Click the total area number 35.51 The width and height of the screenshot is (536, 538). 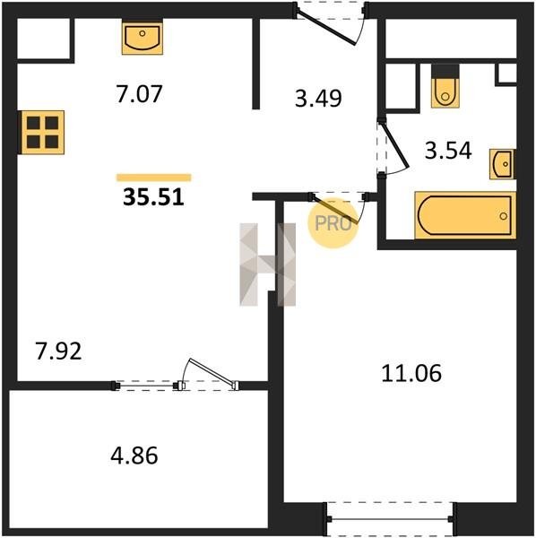[153, 197]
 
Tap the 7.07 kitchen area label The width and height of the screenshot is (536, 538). [139, 94]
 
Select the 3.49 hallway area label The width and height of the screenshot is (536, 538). [318, 99]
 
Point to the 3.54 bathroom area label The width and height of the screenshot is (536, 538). [448, 151]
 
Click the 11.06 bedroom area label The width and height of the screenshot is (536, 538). [411, 373]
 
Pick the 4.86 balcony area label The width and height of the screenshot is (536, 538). [134, 456]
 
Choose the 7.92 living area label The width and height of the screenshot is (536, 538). [58, 351]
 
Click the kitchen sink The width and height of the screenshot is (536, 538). [143, 37]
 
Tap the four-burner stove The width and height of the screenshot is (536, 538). [42, 133]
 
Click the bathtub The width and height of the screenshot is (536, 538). [465, 215]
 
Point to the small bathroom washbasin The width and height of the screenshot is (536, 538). [502, 164]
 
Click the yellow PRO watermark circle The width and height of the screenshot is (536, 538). [333, 223]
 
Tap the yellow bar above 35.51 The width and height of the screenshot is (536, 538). [154, 178]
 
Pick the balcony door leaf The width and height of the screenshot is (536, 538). [212, 373]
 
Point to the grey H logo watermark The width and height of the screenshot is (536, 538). [268, 265]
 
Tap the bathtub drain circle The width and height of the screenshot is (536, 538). [504, 216]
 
